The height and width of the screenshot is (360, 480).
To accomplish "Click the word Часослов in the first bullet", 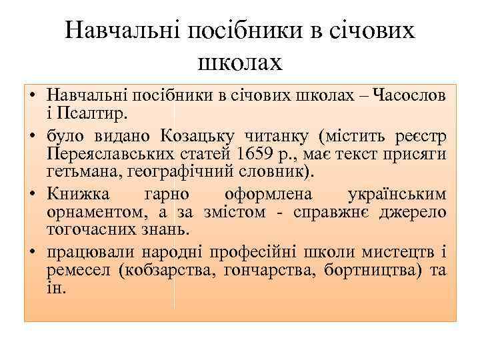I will tap(409, 96).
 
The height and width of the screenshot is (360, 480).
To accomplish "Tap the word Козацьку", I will tap(197, 137).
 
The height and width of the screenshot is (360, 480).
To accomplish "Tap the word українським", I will tap(397, 196).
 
